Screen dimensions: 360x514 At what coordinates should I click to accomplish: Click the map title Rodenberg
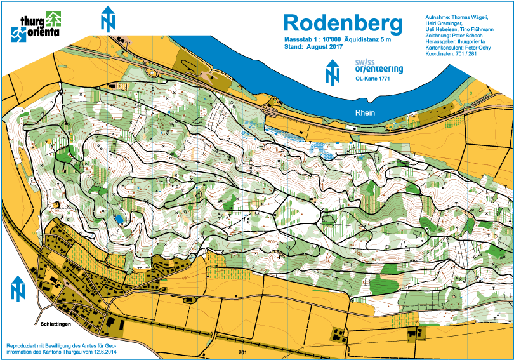(x=343, y=23)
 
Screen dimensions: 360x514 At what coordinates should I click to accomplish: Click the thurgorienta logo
(x=37, y=25)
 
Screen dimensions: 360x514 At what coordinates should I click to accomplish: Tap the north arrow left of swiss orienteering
(x=332, y=71)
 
